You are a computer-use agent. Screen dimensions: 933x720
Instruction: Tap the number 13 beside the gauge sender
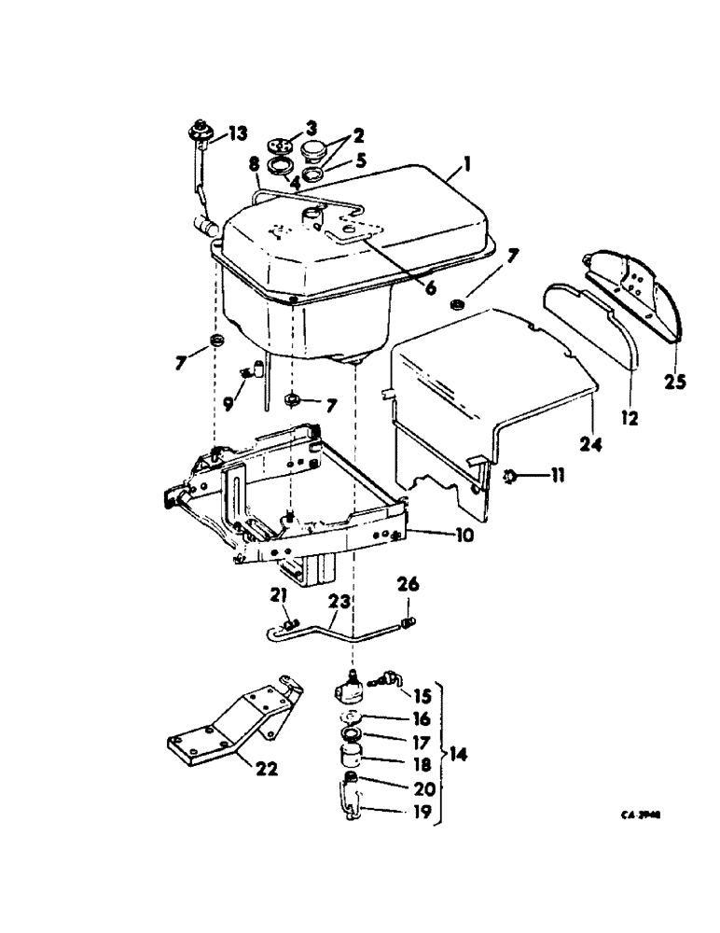click(x=239, y=133)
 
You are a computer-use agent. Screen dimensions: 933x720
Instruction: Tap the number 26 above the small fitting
click(x=408, y=587)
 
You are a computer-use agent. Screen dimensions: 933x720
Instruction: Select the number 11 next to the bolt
click(x=558, y=477)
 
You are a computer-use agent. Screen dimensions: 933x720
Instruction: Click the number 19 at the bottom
click(x=423, y=813)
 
